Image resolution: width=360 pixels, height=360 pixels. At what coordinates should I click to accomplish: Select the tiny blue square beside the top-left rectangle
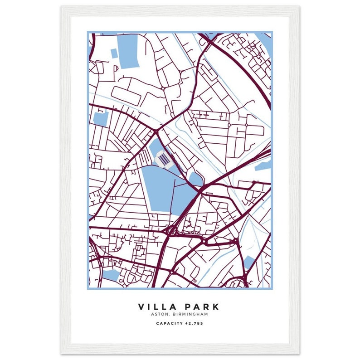[x=114, y=53]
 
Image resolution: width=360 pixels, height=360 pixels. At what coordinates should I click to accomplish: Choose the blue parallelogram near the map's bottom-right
[x=249, y=262]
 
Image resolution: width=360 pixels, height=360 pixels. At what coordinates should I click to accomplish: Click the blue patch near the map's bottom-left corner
[x=111, y=274]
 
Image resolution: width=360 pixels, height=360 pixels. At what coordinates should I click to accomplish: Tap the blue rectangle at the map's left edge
[x=100, y=118]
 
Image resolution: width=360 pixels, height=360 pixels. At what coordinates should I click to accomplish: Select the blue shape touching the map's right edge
[x=264, y=164]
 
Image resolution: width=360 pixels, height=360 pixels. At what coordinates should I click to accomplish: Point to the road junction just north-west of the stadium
[x=156, y=131]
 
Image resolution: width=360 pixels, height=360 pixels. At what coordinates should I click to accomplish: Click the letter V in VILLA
[x=142, y=307]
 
